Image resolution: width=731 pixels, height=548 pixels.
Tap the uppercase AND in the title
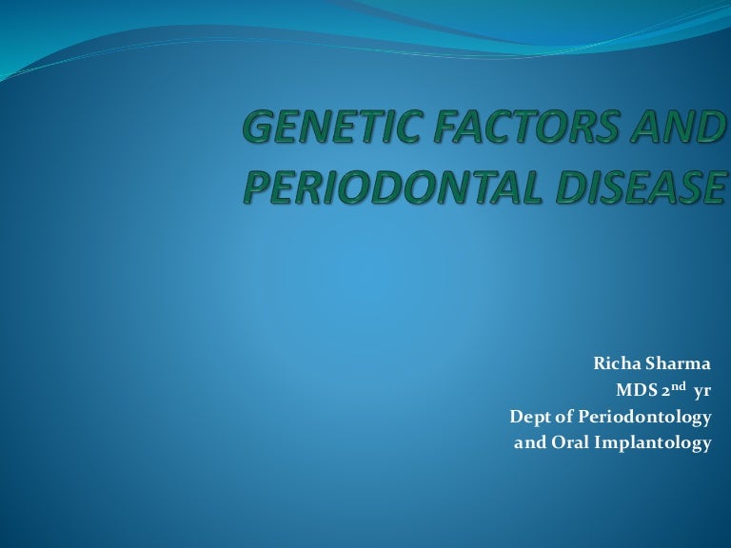pos(676,129)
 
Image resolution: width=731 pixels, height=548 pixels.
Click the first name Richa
pos(616,362)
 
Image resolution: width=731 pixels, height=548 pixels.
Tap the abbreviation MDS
pos(638,390)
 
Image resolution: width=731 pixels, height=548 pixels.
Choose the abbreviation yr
pos(703,390)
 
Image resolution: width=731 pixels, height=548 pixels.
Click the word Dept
pos(528,417)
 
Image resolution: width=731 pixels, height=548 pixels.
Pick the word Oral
pos(570,443)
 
